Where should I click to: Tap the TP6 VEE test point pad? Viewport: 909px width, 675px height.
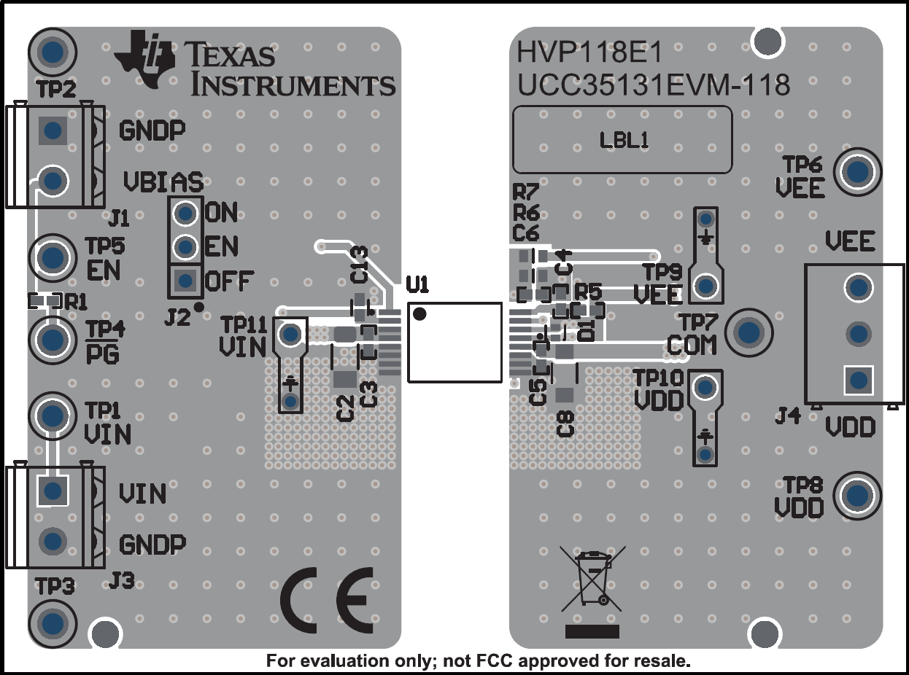(x=857, y=172)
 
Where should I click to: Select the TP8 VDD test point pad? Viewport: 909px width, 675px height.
(x=857, y=495)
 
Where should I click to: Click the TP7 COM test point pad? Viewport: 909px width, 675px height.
(x=749, y=332)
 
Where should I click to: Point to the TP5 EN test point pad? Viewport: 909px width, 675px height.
(x=52, y=257)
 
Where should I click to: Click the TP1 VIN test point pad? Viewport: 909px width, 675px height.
(x=52, y=415)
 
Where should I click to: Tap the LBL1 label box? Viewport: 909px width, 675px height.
(x=622, y=140)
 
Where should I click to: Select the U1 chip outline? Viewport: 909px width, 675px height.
(x=454, y=342)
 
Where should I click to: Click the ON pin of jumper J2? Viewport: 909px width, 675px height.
(x=186, y=214)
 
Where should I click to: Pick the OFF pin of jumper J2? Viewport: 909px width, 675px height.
(x=186, y=280)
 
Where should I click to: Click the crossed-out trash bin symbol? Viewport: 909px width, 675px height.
(x=592, y=580)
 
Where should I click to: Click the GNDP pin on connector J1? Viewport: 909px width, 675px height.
(x=52, y=130)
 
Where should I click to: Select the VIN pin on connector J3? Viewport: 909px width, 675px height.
(x=52, y=491)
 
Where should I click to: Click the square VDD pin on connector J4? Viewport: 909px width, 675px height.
(x=858, y=380)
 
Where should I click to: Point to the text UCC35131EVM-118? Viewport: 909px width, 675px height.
(x=653, y=86)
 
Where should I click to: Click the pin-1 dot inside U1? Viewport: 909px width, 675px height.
(x=419, y=314)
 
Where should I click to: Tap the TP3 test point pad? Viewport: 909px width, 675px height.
(x=52, y=623)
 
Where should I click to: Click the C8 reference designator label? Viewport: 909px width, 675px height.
(x=565, y=423)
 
